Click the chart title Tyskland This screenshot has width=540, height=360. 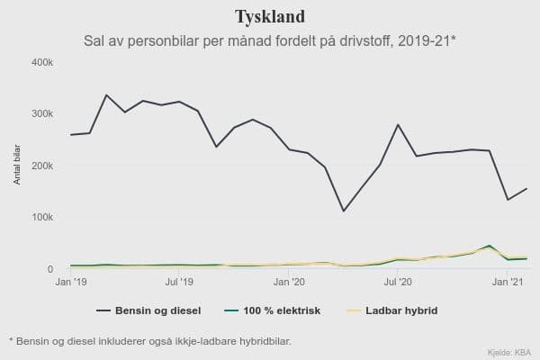point(269,17)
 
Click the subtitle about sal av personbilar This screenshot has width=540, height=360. point(269,40)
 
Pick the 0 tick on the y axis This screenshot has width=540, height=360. point(50,269)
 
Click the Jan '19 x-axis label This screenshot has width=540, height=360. point(70,283)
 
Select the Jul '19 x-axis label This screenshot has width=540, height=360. point(179,283)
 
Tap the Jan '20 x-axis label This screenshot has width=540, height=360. point(289,283)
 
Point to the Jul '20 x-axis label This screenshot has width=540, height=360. point(398,283)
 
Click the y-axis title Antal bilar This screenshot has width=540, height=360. point(17,164)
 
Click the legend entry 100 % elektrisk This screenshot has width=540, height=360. point(287,311)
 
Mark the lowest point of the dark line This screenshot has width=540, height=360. point(344,211)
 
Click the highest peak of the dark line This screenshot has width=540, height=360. point(106,94)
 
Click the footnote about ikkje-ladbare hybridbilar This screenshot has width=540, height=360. point(149,341)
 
